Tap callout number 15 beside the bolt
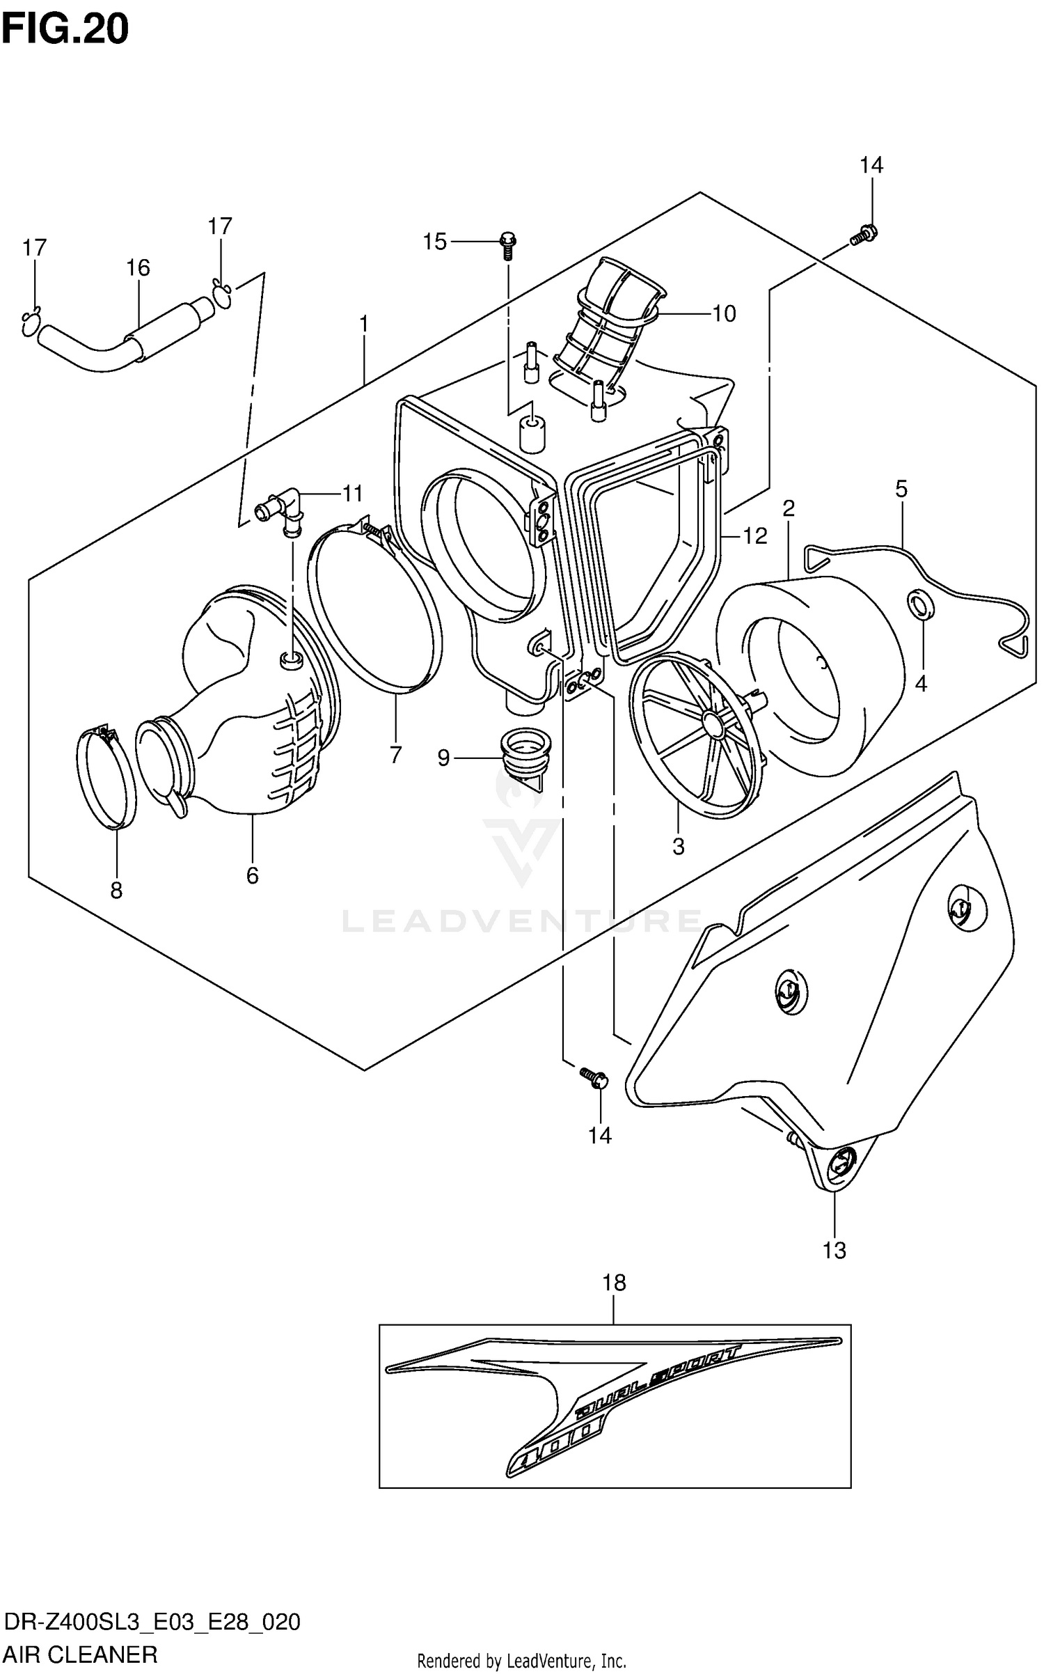point(435,242)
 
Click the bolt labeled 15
point(508,243)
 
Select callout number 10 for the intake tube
point(724,314)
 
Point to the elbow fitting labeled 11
point(281,512)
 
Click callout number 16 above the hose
point(138,267)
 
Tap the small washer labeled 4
point(920,603)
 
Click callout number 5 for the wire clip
point(901,489)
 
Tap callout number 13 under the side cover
point(834,1250)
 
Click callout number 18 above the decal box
point(615,1282)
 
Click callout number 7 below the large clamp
point(395,754)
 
